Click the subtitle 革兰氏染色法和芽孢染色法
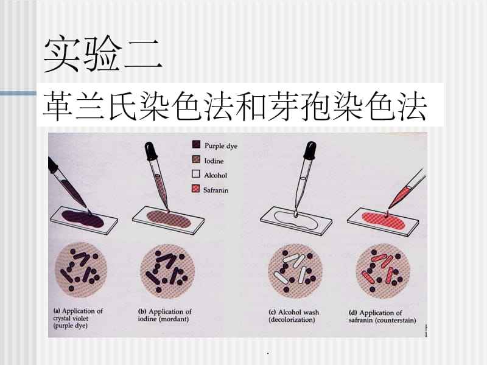(x=235, y=108)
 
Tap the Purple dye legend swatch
(x=196, y=145)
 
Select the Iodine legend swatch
(x=196, y=159)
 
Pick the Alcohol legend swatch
(x=196, y=175)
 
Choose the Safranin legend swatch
(x=196, y=190)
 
